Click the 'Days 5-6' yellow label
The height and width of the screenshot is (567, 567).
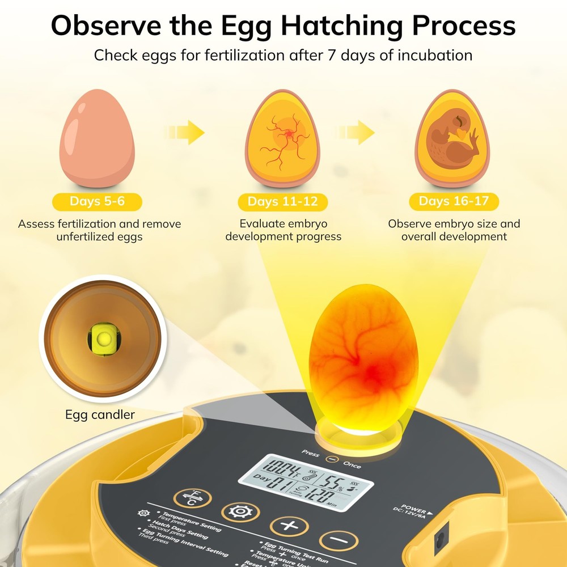(97, 201)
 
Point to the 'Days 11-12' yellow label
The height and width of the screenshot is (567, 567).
(282, 202)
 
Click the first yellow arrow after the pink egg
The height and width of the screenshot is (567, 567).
(187, 134)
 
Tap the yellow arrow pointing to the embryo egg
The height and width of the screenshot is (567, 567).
(358, 134)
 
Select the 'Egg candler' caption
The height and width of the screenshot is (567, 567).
(100, 414)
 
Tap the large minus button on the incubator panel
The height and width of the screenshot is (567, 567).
(338, 541)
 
